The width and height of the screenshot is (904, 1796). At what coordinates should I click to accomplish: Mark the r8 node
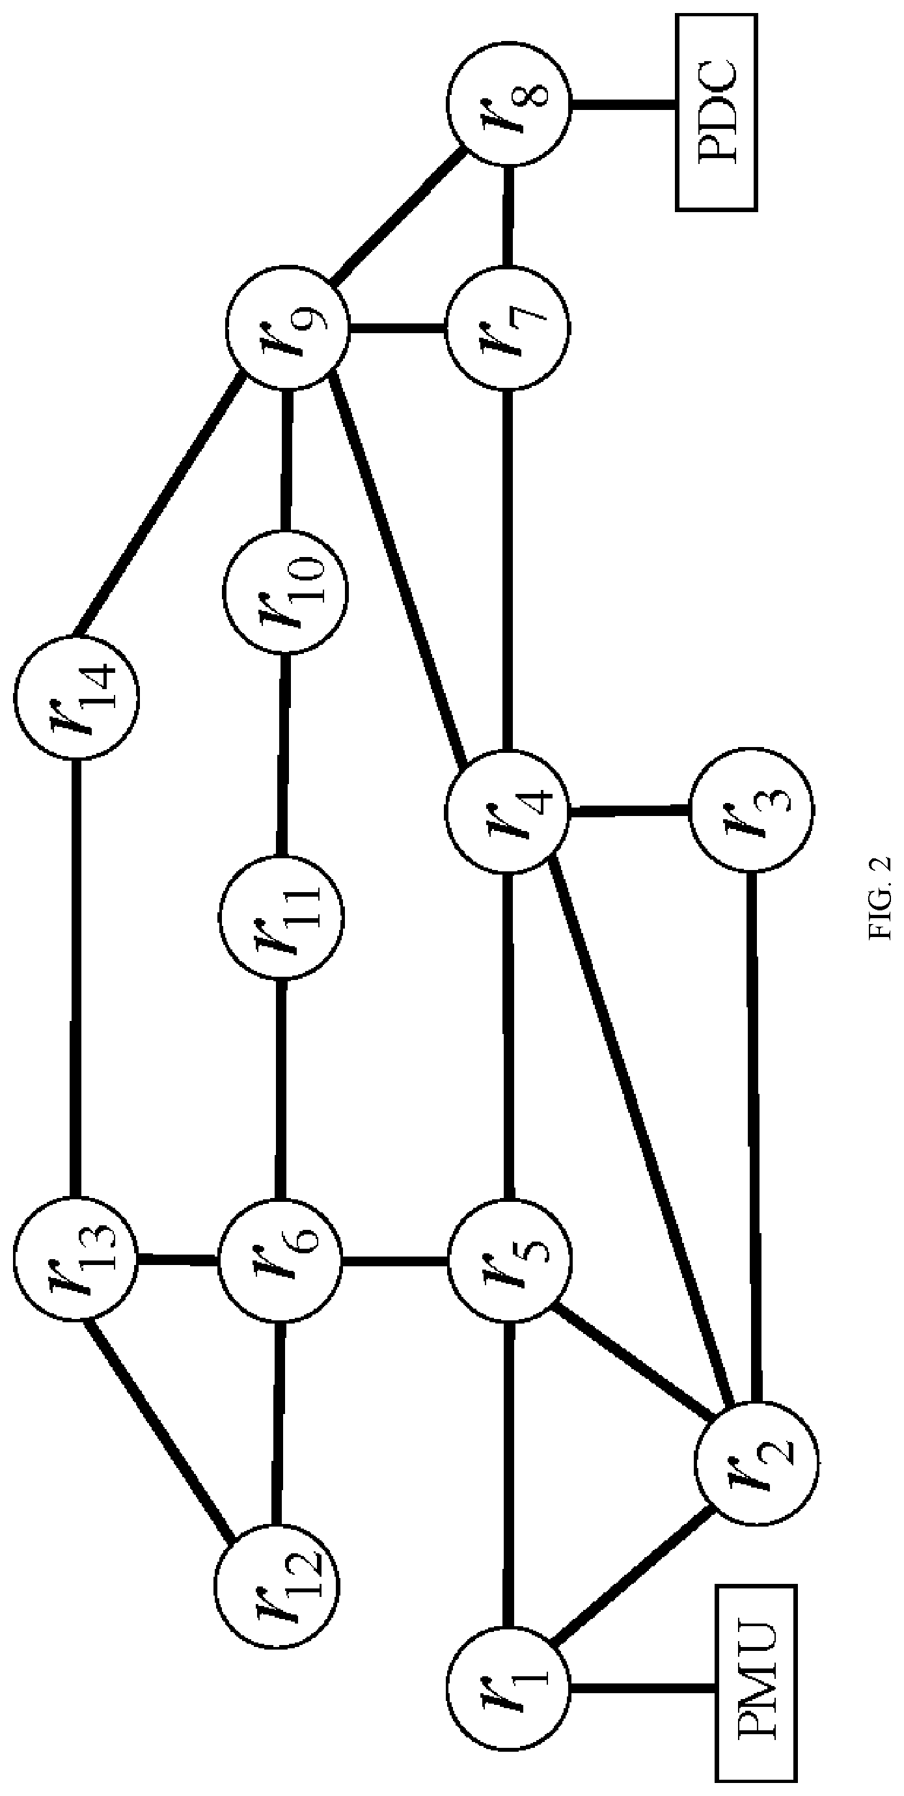coord(508,105)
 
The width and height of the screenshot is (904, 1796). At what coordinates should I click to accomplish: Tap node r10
coord(285,592)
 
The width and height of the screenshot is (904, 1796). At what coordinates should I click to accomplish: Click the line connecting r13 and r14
coord(76,977)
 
